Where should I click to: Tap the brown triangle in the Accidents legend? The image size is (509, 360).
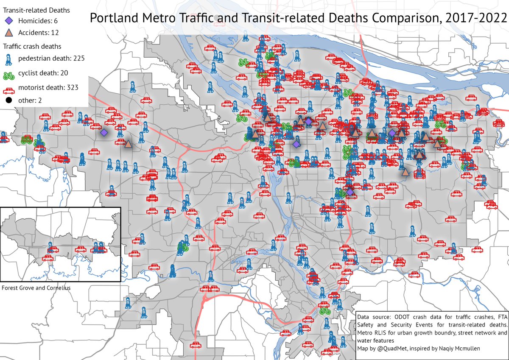point(9,32)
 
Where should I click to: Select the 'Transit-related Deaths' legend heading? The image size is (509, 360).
point(36,9)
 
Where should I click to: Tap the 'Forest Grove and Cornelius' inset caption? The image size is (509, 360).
point(36,287)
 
